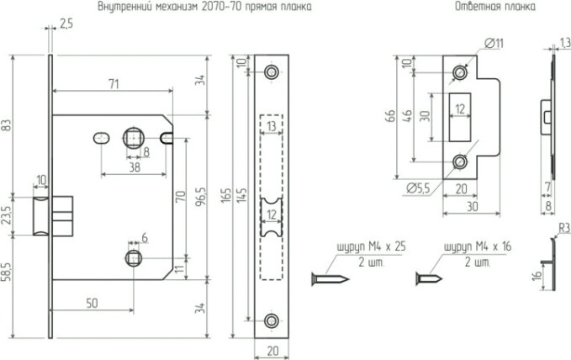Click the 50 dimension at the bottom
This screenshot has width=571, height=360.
click(x=92, y=301)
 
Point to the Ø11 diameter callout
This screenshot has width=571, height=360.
click(x=494, y=42)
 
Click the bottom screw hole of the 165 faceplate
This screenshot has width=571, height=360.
click(x=271, y=320)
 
